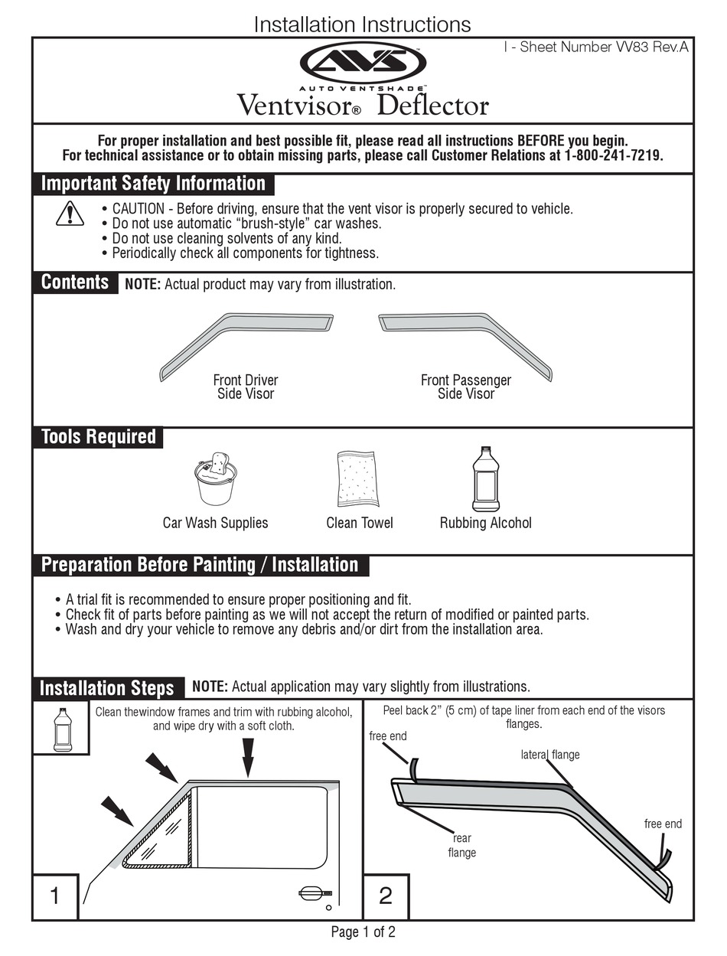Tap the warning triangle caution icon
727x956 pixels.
pos(70,213)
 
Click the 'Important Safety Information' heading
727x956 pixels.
pos(153,184)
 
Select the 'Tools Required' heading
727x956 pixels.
pos(99,437)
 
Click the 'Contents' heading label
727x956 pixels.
pos(75,282)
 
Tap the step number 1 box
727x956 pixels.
pos(55,896)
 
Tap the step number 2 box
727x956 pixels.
pos(385,896)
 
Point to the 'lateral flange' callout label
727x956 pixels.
pos(550,755)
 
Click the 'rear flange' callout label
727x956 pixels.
pos(462,845)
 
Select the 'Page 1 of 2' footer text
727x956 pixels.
pos(363,932)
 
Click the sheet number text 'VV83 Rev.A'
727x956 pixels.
pos(651,47)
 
